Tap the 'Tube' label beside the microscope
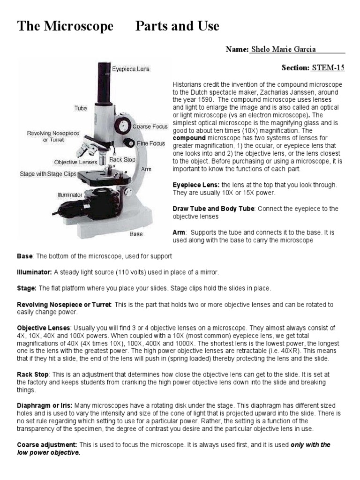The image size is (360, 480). coord(81,108)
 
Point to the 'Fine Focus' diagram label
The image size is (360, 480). coord(151,143)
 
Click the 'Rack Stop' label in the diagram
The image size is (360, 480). coord(122,159)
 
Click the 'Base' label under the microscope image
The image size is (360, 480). coord(136,234)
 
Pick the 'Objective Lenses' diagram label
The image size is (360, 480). coord(75,162)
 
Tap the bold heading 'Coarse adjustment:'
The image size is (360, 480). coord(47,444)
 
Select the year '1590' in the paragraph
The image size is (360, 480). coord(205,100)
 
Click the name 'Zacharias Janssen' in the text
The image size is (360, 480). coord(286,92)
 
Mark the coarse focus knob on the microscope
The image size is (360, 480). coord(124,125)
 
